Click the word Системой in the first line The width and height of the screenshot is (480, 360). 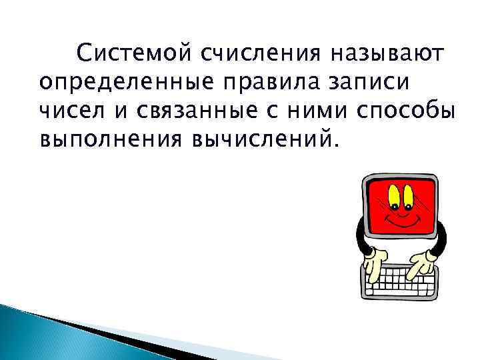pos(132,51)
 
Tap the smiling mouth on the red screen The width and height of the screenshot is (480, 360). pos(402,221)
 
